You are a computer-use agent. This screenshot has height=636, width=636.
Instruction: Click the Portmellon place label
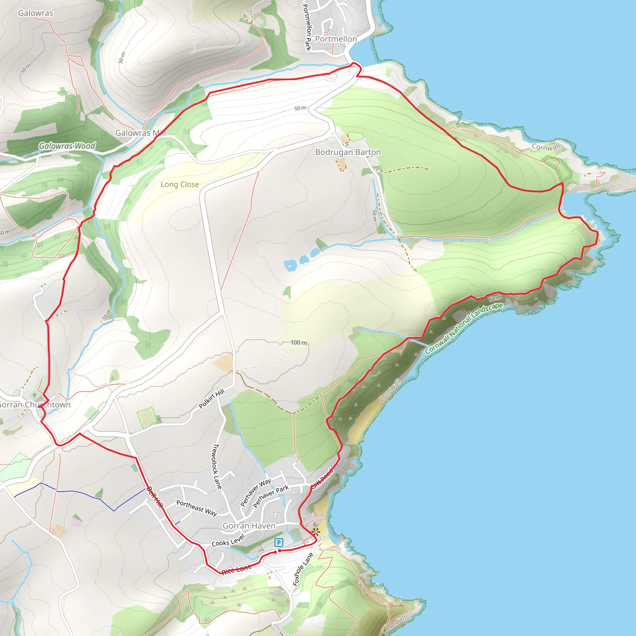click(x=336, y=39)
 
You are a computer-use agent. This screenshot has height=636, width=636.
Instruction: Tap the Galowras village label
click(x=35, y=13)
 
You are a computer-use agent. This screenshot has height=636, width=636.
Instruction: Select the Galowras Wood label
click(x=67, y=146)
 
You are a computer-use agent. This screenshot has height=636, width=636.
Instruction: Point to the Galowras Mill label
click(x=141, y=133)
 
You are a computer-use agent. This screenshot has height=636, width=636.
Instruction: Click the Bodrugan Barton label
click(x=348, y=152)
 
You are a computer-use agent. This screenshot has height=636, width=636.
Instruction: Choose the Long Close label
click(x=180, y=184)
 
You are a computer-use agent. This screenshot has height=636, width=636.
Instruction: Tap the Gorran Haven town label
click(x=249, y=526)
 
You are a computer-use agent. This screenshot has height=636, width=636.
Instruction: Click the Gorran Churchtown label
click(x=34, y=405)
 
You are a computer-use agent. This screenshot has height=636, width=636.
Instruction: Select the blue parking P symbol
click(x=279, y=542)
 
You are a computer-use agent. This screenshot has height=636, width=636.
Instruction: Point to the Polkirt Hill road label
click(x=212, y=398)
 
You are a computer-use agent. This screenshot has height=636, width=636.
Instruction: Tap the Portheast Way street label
click(x=197, y=508)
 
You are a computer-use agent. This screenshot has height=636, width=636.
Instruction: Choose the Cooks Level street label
click(x=228, y=540)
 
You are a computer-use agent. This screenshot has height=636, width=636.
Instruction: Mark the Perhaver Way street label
click(x=256, y=493)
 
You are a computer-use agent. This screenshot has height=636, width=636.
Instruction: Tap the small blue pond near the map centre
click(x=290, y=265)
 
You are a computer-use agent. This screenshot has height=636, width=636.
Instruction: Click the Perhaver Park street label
click(x=270, y=497)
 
